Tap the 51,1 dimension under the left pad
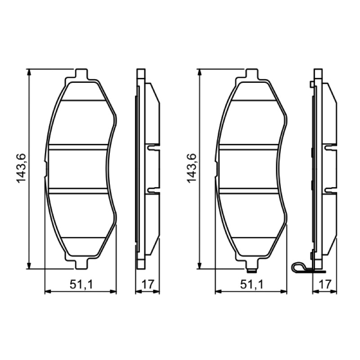point(81,285)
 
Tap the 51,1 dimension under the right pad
point(252,285)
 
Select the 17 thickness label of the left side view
point(148,285)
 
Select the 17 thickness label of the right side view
point(324,285)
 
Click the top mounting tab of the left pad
point(81,74)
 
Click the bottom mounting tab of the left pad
point(81,264)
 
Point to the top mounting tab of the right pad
point(252,74)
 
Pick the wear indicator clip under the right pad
point(252,271)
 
